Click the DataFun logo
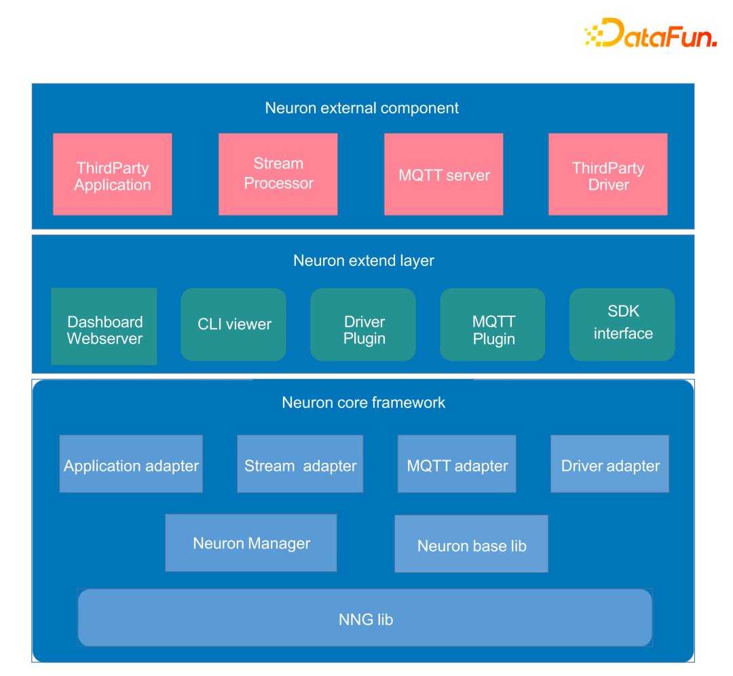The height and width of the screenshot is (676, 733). [x=651, y=33]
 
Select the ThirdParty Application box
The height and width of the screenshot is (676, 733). [x=113, y=174]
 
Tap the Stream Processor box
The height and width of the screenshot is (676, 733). [x=278, y=174]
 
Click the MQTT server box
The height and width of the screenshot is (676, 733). [x=444, y=174]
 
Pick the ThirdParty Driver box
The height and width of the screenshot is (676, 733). [x=608, y=174]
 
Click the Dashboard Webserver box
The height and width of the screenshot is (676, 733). [x=104, y=326]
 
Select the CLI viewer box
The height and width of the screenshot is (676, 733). [x=233, y=324]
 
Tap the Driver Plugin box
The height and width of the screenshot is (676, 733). [x=363, y=324]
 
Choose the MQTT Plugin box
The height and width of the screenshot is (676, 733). [x=493, y=324]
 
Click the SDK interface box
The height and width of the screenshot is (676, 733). [x=622, y=324]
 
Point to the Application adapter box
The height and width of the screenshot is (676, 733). [x=132, y=464]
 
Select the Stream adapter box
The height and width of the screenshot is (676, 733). [x=300, y=464]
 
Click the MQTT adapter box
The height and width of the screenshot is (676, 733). [x=457, y=464]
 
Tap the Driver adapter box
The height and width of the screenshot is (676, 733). [x=610, y=464]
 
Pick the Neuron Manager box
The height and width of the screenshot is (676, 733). [x=251, y=543]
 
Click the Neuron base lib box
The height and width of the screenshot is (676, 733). [x=472, y=544]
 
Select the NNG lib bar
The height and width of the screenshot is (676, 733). [x=365, y=618]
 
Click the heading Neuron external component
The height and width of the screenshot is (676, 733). [x=362, y=108]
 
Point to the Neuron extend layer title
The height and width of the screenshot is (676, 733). [x=364, y=261]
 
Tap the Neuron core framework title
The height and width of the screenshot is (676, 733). [x=364, y=402]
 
